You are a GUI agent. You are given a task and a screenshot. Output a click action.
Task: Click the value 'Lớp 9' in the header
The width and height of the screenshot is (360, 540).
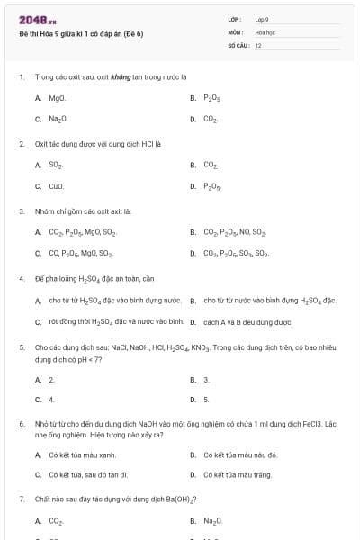(x=262, y=19)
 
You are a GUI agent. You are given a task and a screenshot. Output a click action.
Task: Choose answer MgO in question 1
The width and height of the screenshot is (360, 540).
(x=57, y=97)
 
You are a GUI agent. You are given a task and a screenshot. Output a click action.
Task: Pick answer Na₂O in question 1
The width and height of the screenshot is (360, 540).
(x=58, y=118)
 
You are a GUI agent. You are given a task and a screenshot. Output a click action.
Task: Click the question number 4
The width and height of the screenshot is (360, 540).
(x=21, y=278)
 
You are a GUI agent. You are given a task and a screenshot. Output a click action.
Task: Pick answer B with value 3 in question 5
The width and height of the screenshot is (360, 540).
(x=206, y=380)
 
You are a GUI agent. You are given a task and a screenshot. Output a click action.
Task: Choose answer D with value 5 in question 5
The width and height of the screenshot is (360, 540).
(x=206, y=399)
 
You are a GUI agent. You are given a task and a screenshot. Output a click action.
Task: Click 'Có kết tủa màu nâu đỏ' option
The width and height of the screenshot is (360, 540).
(x=239, y=454)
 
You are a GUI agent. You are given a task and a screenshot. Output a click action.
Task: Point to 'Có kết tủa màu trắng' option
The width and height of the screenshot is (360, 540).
(x=238, y=474)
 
